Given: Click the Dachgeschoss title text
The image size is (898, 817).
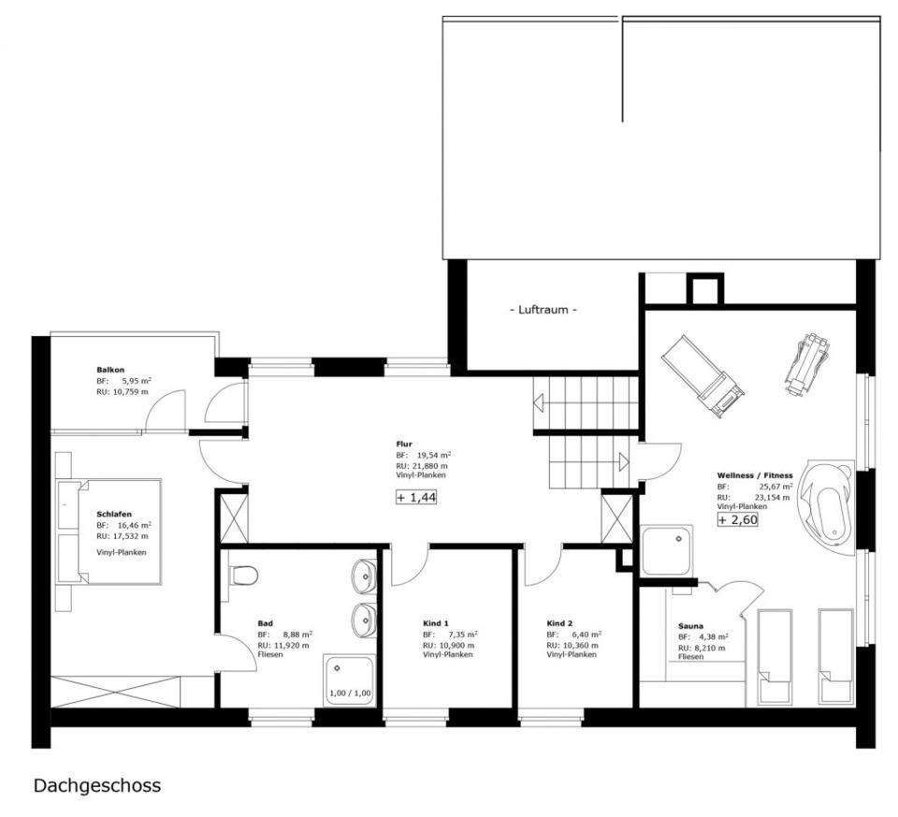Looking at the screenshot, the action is pyautogui.click(x=97, y=785).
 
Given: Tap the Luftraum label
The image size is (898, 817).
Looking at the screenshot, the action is pyautogui.click(x=543, y=310).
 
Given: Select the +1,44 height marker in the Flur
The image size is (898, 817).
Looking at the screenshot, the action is pyautogui.click(x=416, y=497).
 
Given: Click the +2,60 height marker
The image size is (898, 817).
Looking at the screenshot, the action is pyautogui.click(x=738, y=520).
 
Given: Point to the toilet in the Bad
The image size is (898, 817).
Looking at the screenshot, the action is pyautogui.click(x=243, y=575).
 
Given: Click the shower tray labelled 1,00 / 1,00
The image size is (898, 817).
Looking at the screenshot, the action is pyautogui.click(x=349, y=680).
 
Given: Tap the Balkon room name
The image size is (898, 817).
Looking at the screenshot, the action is pyautogui.click(x=110, y=370).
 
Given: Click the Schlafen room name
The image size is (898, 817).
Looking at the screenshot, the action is pyautogui.click(x=114, y=515).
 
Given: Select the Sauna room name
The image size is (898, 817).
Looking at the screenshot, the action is pyautogui.click(x=690, y=626).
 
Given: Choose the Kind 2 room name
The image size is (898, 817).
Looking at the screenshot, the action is pyautogui.click(x=559, y=623).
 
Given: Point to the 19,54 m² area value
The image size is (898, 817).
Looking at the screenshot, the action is pyautogui.click(x=434, y=456).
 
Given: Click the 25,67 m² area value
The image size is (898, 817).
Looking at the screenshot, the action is pyautogui.click(x=776, y=487).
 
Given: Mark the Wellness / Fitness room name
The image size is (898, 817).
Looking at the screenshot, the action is pyautogui.click(x=755, y=475).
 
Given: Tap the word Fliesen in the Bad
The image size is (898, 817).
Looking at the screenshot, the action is pyautogui.click(x=270, y=655).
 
